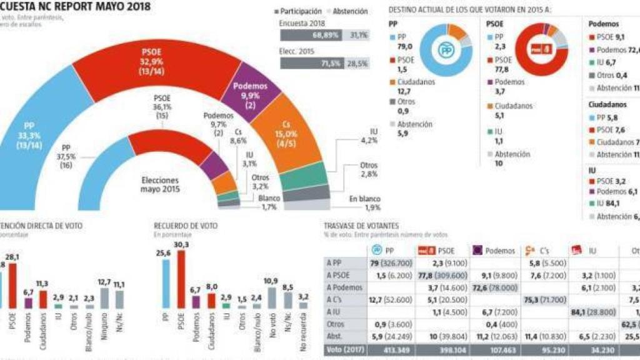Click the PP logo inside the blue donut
click(445, 51)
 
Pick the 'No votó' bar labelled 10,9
click(271, 297)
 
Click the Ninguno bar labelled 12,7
click(104, 297)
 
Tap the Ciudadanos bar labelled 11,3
click(43, 299)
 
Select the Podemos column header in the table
click(494, 250)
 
